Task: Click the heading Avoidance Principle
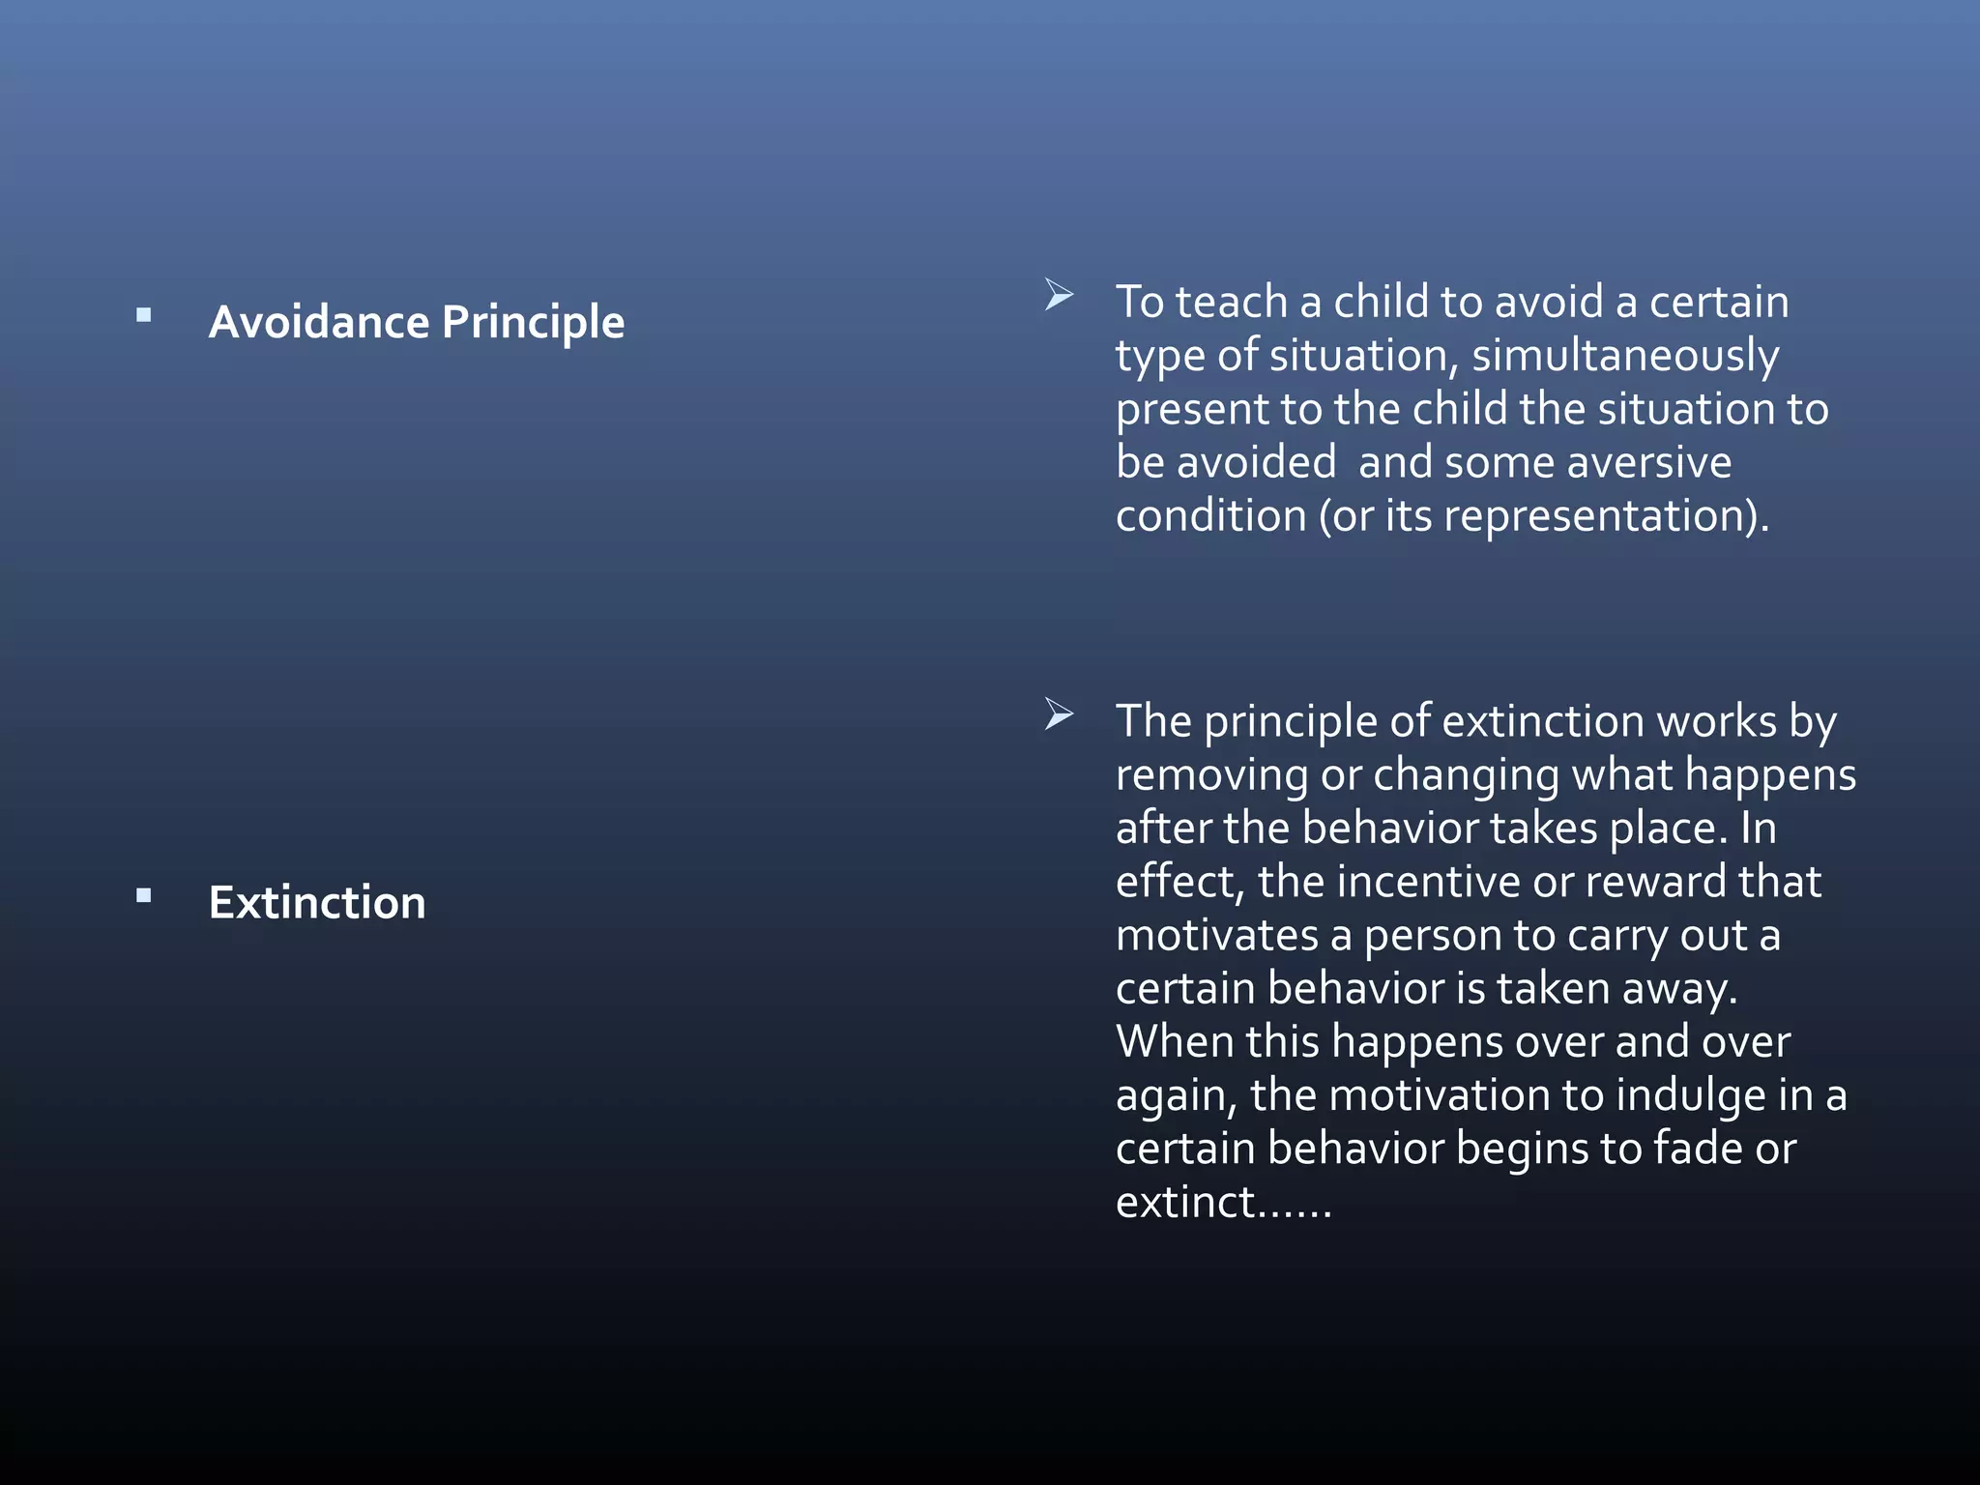(416, 322)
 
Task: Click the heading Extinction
(317, 902)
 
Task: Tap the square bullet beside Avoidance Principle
(144, 314)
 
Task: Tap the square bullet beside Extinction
(144, 895)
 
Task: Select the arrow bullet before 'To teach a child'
(1059, 295)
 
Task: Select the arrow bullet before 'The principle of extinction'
(1059, 714)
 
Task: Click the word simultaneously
(1624, 356)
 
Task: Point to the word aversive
(1648, 462)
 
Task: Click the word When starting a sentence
(1174, 1042)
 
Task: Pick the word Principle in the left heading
(532, 322)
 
